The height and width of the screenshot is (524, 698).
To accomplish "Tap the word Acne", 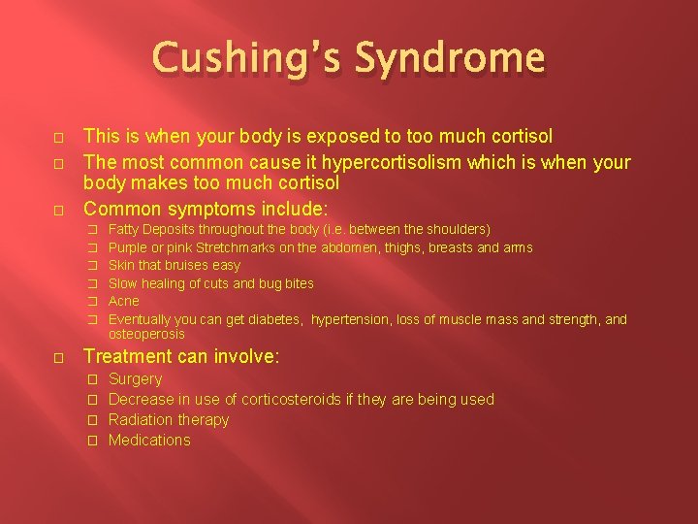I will (124, 301).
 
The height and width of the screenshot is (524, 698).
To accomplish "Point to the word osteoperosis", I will (145, 334).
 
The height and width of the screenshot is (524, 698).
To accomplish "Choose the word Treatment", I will (124, 356).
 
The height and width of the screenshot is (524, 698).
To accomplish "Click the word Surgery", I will (135, 378).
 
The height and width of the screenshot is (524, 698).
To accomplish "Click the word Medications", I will (149, 440).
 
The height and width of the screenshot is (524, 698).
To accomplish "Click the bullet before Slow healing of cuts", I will (94, 283).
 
